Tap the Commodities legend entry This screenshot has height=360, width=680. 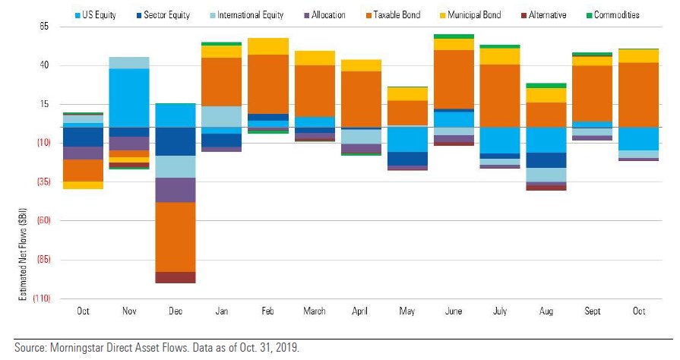(x=613, y=14)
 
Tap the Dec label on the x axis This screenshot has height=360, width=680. (x=176, y=311)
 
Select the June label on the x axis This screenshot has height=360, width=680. (x=454, y=311)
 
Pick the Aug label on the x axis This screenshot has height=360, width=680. (x=546, y=311)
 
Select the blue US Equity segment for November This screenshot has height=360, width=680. (x=129, y=98)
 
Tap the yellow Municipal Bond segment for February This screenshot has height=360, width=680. (x=268, y=46)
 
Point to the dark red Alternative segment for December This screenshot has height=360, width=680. (x=176, y=277)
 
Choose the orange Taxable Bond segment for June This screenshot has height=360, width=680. (x=454, y=79)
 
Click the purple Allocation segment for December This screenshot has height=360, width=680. (x=176, y=190)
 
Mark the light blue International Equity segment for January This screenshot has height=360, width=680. (x=222, y=116)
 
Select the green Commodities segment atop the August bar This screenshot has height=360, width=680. (x=546, y=86)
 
